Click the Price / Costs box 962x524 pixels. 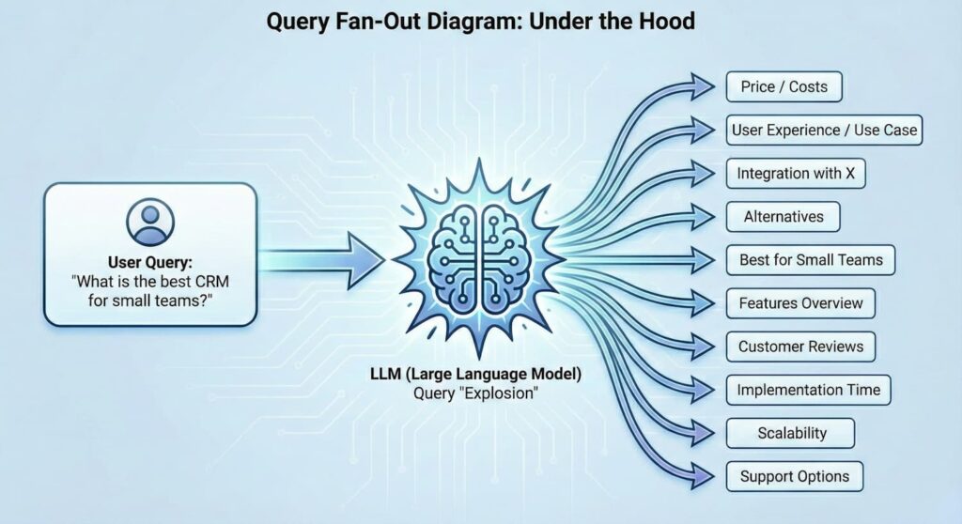(x=784, y=86)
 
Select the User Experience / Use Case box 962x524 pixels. (x=823, y=130)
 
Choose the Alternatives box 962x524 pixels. (x=783, y=216)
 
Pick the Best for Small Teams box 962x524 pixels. (x=811, y=259)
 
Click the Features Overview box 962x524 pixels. (x=800, y=303)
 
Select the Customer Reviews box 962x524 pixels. (x=800, y=347)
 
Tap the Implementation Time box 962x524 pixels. (x=808, y=390)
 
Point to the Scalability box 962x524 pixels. (x=791, y=433)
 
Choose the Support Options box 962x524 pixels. (x=795, y=476)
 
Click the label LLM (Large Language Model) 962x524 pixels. (x=475, y=374)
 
